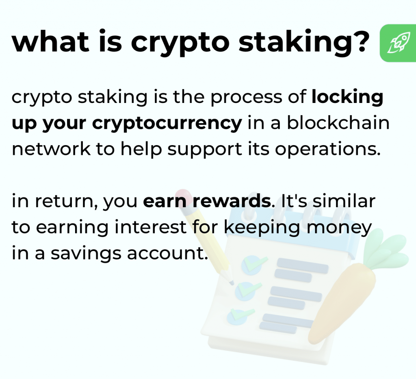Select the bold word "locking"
pyautogui.click(x=347, y=98)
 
